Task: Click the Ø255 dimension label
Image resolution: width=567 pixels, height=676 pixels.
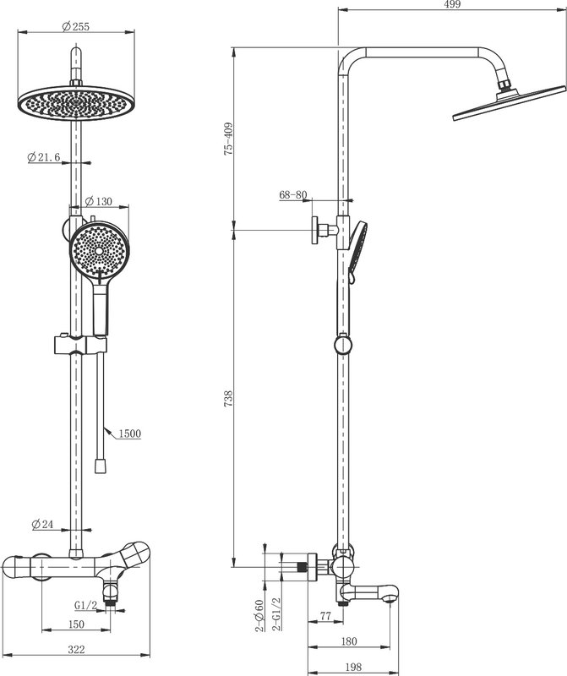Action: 75,26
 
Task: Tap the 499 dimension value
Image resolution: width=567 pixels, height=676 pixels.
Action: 452,4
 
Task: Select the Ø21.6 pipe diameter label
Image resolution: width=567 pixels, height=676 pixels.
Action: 44,157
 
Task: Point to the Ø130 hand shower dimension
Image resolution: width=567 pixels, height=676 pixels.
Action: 98,201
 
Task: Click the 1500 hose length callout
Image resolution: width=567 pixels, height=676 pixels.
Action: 130,433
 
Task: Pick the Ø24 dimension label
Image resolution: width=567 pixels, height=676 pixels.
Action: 42,524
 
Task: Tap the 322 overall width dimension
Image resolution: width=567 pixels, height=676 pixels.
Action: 76,649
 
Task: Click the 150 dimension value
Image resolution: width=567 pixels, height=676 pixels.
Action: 76,624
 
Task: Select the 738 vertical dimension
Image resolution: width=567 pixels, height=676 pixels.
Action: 228,399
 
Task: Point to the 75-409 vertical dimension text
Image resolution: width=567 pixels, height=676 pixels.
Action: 228,139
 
